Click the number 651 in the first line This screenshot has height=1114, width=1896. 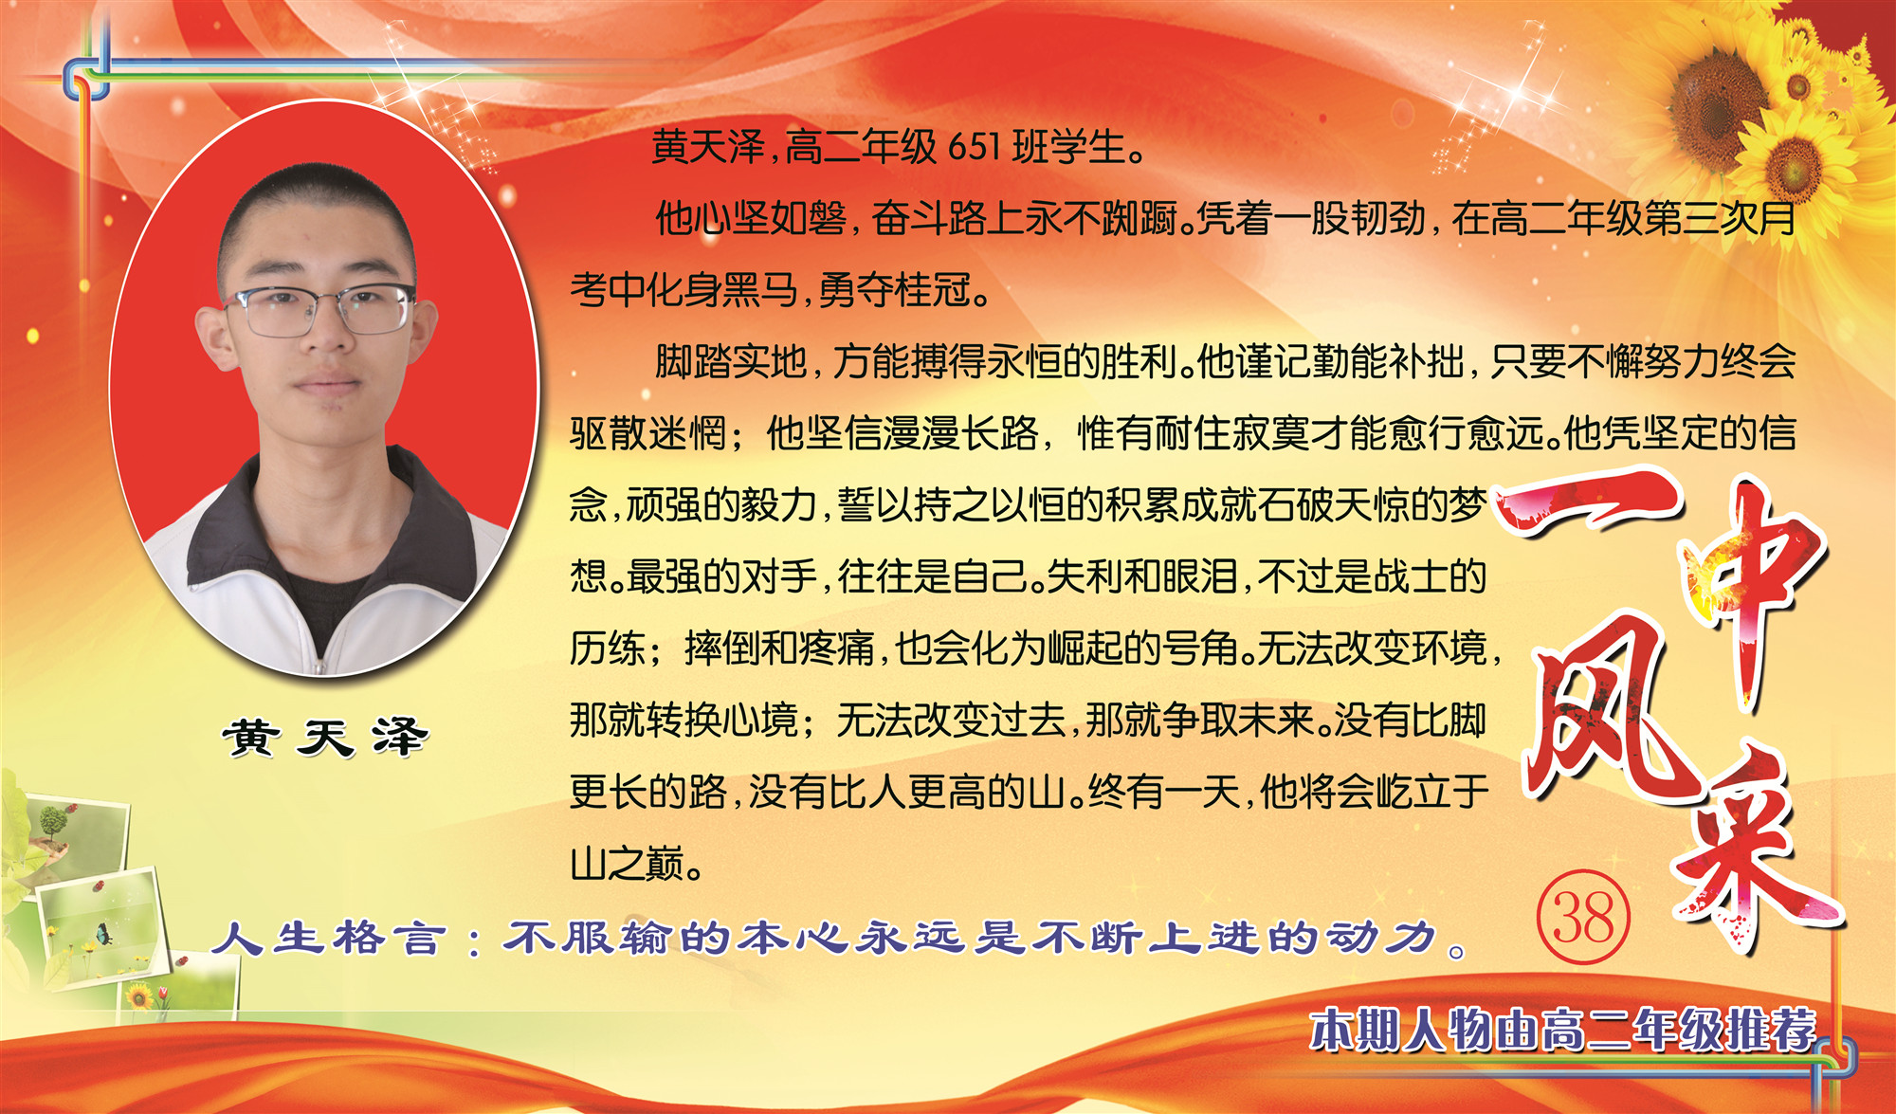[x=974, y=147]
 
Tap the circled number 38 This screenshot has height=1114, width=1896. [x=1582, y=917]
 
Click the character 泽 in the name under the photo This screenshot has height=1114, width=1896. [x=399, y=737]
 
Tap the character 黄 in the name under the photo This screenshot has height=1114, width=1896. [x=251, y=737]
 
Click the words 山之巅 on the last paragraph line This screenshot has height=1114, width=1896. [x=627, y=864]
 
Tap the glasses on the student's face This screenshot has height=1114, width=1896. [x=319, y=310]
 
